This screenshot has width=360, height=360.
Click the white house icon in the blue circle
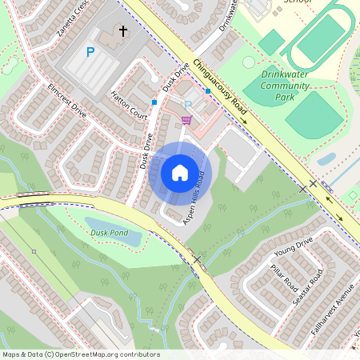click(x=180, y=172)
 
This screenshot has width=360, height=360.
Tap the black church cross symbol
click(x=123, y=31)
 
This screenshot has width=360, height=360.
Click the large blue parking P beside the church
click(x=90, y=52)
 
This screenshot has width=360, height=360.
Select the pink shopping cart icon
click(x=186, y=120)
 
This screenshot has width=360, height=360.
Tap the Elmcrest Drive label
click(x=67, y=95)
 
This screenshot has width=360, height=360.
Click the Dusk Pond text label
click(x=109, y=233)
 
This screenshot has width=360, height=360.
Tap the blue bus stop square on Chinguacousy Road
click(x=208, y=91)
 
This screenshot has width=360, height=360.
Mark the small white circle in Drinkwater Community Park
click(x=249, y=62)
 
